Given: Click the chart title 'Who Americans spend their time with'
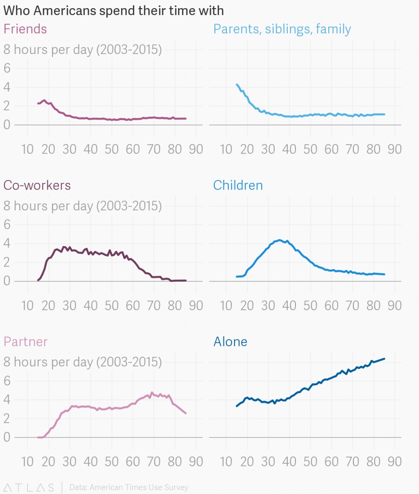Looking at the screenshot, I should click(113, 11).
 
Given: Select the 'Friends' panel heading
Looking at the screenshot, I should click(25, 29).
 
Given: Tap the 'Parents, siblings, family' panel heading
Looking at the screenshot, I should click(282, 29).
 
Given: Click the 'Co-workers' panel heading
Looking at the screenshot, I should click(37, 185).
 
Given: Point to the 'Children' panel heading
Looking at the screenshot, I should click(238, 185).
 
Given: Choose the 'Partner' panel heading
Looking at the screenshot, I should click(26, 342).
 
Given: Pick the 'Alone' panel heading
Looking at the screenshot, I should click(230, 342).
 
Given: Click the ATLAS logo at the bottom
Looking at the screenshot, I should click(29, 487).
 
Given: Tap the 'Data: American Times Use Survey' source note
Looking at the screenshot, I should click(129, 487).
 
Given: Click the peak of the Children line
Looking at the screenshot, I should click(280, 240).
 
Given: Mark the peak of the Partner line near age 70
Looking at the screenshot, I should click(152, 393).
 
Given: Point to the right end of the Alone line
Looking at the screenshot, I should click(384, 359).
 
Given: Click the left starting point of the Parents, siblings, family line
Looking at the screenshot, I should click(237, 84).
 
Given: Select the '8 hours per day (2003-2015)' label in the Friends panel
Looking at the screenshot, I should click(83, 50).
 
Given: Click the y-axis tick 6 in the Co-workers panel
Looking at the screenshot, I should click(7, 224).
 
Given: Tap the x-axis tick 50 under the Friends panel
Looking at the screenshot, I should click(111, 149).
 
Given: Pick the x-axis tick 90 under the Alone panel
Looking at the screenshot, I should click(394, 462).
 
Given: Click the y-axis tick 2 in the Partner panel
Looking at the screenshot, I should click(7, 418).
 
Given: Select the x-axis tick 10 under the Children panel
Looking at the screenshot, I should click(226, 305).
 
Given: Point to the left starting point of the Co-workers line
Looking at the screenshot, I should click(38, 280).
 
